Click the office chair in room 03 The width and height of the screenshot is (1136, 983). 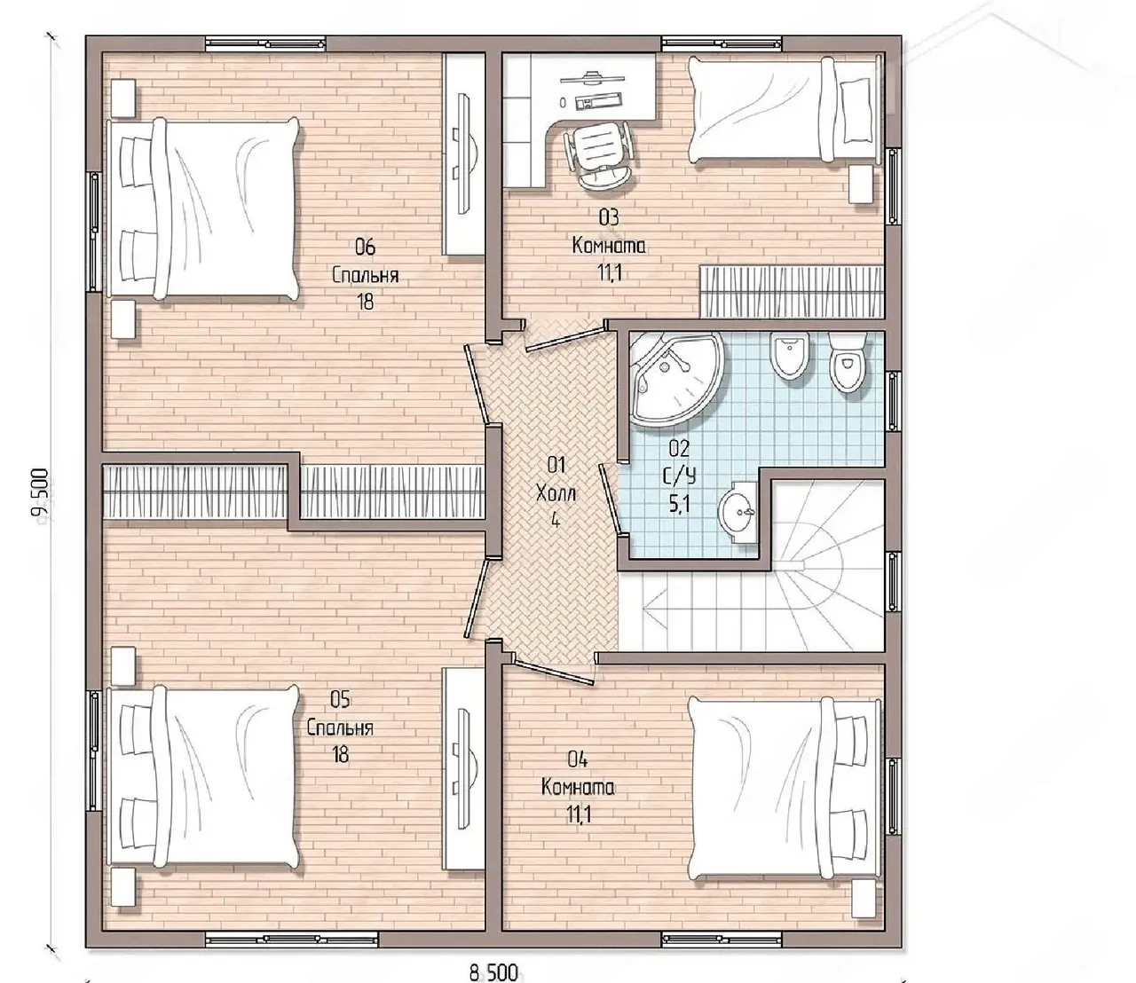coord(601,155)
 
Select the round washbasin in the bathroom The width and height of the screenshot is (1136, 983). coord(738,512)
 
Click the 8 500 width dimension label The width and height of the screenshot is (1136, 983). coord(493,972)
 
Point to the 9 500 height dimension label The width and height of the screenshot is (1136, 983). coord(40,493)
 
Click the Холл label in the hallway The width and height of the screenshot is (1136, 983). coord(556,494)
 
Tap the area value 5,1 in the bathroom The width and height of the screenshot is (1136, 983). coord(679,505)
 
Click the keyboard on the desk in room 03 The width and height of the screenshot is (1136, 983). coord(599,100)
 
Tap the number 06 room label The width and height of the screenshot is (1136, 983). coord(365,248)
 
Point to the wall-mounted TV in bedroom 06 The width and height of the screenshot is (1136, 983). coord(464,153)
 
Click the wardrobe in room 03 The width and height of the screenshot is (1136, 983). coord(792,292)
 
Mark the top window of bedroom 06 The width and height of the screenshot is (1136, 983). coord(265,43)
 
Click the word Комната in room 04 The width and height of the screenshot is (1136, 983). coord(578,788)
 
